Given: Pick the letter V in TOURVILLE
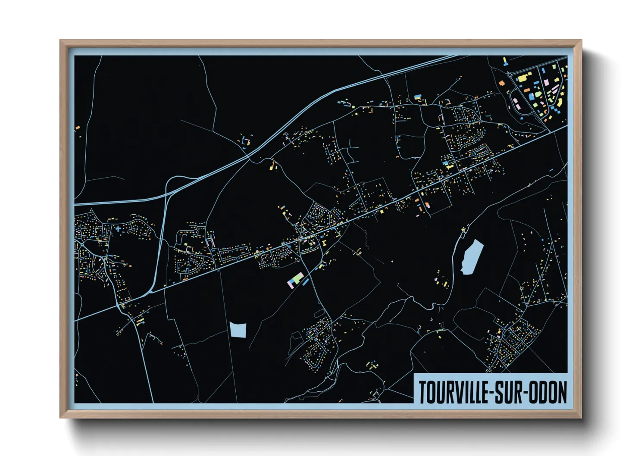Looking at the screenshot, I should click(x=457, y=392).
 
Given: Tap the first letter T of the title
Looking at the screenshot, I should click(x=423, y=392).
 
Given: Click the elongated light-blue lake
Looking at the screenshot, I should click(x=472, y=257).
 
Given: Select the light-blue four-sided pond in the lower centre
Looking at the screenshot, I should click(x=238, y=330).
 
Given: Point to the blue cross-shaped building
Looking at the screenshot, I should click(x=118, y=229).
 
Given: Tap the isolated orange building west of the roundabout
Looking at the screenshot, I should click(x=501, y=83).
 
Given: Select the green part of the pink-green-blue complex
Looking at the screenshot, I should click(x=297, y=277).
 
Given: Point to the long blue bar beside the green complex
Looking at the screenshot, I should click(x=305, y=282).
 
